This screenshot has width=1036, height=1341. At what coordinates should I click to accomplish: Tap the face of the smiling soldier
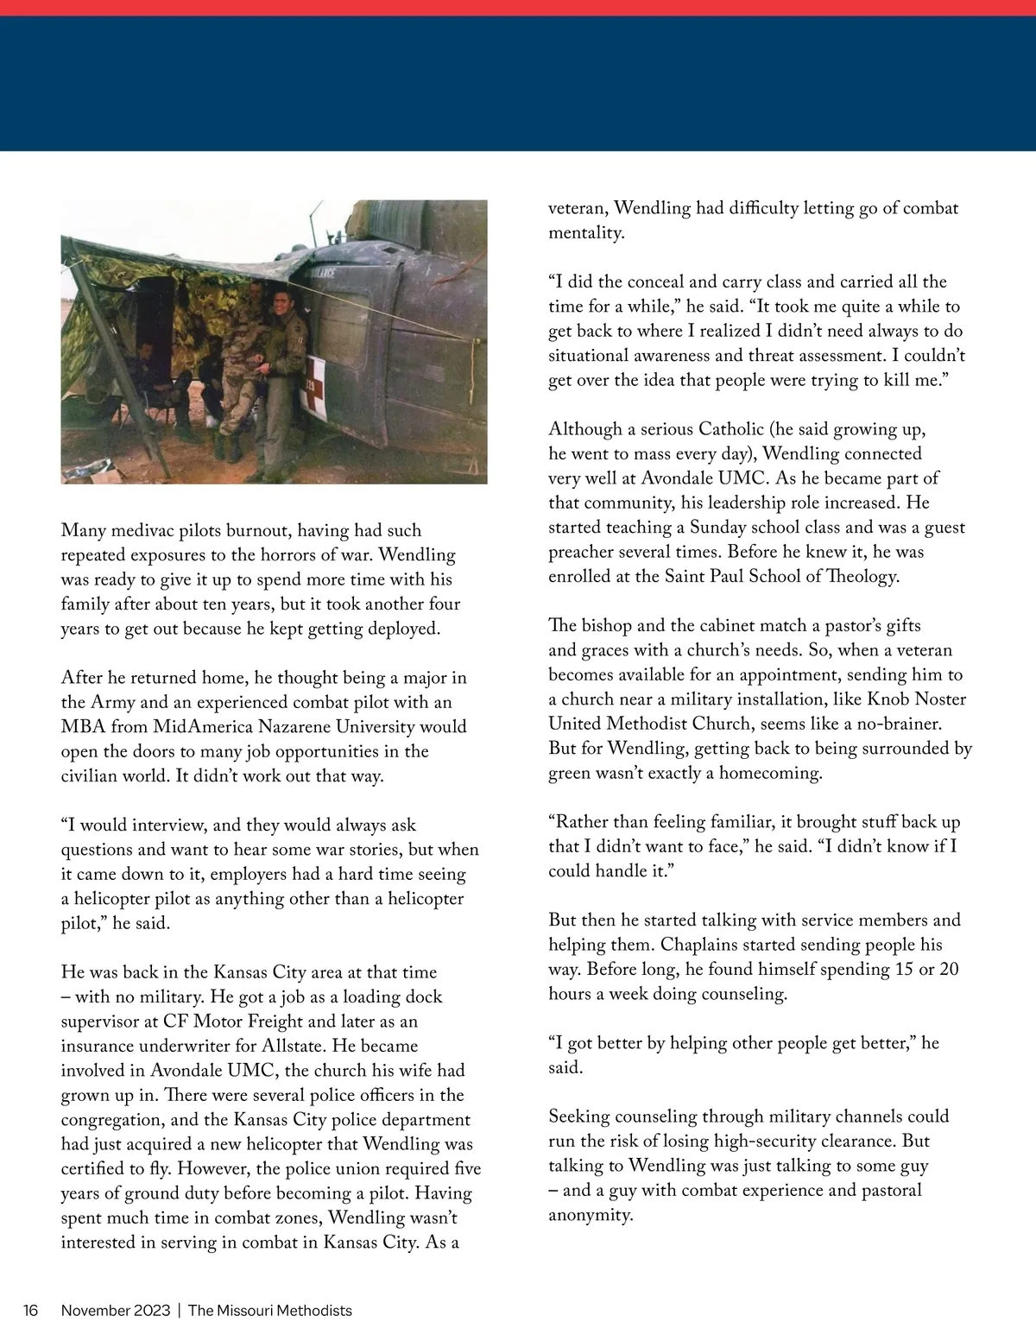click(281, 303)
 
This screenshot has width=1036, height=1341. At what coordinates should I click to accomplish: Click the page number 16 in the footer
click(31, 1310)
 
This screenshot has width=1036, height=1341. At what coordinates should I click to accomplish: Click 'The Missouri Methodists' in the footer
click(270, 1310)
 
